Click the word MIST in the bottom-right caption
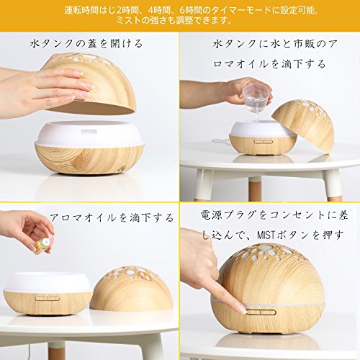266,235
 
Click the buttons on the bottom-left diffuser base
48,299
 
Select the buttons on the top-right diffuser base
264,142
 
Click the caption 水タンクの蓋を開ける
86,44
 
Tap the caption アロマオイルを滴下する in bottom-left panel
112,217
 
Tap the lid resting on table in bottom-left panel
132,289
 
